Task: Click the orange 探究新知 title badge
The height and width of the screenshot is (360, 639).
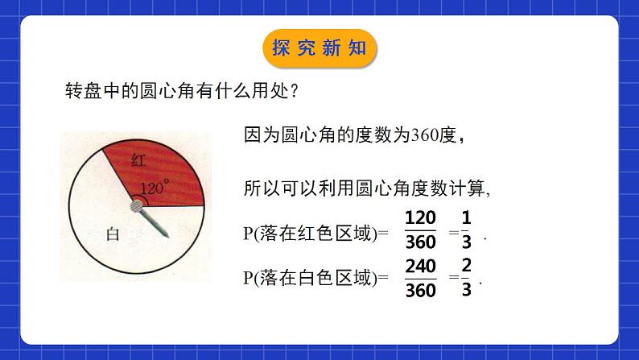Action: click(x=319, y=48)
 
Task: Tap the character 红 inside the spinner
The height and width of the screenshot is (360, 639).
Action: click(x=138, y=160)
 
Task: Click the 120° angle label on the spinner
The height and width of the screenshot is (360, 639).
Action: click(x=155, y=188)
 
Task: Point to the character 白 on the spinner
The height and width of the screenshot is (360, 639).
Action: click(x=113, y=234)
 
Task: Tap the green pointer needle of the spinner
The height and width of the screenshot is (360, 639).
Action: click(x=158, y=225)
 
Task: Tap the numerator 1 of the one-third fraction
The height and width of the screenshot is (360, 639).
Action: click(x=467, y=217)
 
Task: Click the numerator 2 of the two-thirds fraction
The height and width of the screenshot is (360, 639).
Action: click(x=467, y=266)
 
